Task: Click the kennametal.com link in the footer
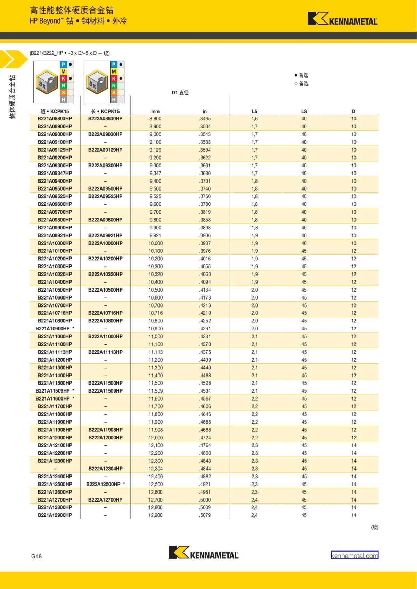pyautogui.click(x=354, y=555)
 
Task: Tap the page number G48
pyautogui.click(x=36, y=556)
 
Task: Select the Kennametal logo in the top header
pyautogui.click(x=342, y=19)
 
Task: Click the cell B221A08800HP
pyautogui.click(x=55, y=119)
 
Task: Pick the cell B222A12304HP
pyautogui.click(x=105, y=469)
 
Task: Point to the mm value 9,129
pyautogui.click(x=155, y=150)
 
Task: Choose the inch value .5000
pyautogui.click(x=205, y=500)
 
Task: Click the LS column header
pyautogui.click(x=304, y=111)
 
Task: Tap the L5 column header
pyautogui.click(x=254, y=111)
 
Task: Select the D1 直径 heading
pyautogui.click(x=180, y=93)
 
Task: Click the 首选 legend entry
pyautogui.click(x=301, y=75)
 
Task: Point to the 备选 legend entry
pyautogui.click(x=301, y=83)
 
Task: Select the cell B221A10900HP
pyautogui.click(x=53, y=329)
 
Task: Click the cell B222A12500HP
pyautogui.click(x=104, y=484)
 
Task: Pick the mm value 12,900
pyautogui.click(x=155, y=515)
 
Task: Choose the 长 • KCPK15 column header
pyautogui.click(x=105, y=111)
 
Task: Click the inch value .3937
pyautogui.click(x=205, y=243)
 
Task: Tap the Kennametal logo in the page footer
pyautogui.click(x=203, y=553)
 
